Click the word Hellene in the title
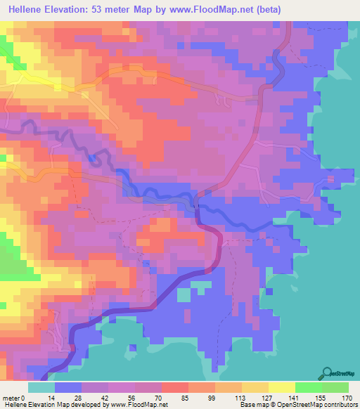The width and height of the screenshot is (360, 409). point(25,9)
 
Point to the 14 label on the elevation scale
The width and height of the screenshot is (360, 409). point(51,398)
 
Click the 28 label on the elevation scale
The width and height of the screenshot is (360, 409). point(79,398)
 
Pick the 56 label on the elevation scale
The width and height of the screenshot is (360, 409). point(132,398)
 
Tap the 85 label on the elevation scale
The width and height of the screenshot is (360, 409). point(186,398)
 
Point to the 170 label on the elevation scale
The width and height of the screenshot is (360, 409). point(346,398)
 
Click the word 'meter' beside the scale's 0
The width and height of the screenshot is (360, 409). point(12,398)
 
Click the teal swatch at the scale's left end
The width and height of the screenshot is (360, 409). point(41,387)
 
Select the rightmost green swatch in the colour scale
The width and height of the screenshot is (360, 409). point(335,387)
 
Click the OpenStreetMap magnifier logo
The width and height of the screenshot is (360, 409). point(327,372)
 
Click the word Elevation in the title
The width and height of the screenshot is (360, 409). point(70,9)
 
